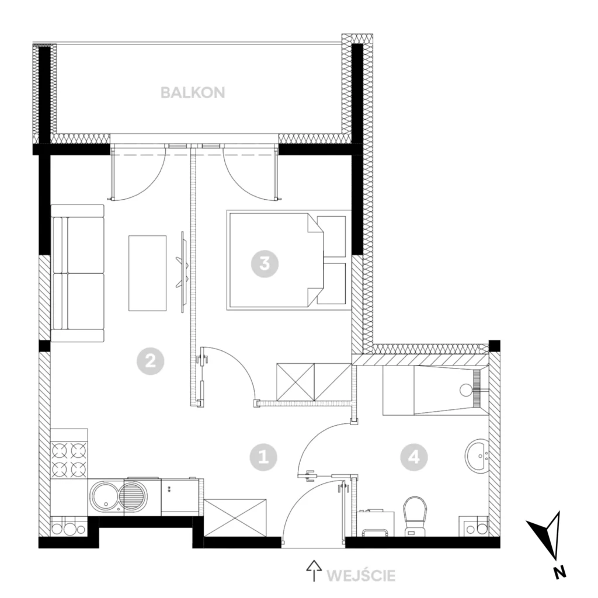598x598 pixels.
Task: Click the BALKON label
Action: coord(193,93)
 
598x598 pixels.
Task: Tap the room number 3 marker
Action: coord(265,263)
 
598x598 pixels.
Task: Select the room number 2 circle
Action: coord(151,360)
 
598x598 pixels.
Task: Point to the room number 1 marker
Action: coord(263,457)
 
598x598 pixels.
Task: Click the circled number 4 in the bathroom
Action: coord(414,457)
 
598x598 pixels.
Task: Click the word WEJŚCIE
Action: coord(361,575)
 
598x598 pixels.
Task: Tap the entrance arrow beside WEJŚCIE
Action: coord(314,571)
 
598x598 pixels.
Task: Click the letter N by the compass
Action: coord(559,573)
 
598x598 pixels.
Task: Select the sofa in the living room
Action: coord(78,273)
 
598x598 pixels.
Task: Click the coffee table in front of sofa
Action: coord(148,273)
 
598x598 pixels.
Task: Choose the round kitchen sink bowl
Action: coord(104,496)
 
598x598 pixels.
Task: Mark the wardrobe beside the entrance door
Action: coord(235,517)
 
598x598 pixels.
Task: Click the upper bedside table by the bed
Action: coord(332,237)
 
